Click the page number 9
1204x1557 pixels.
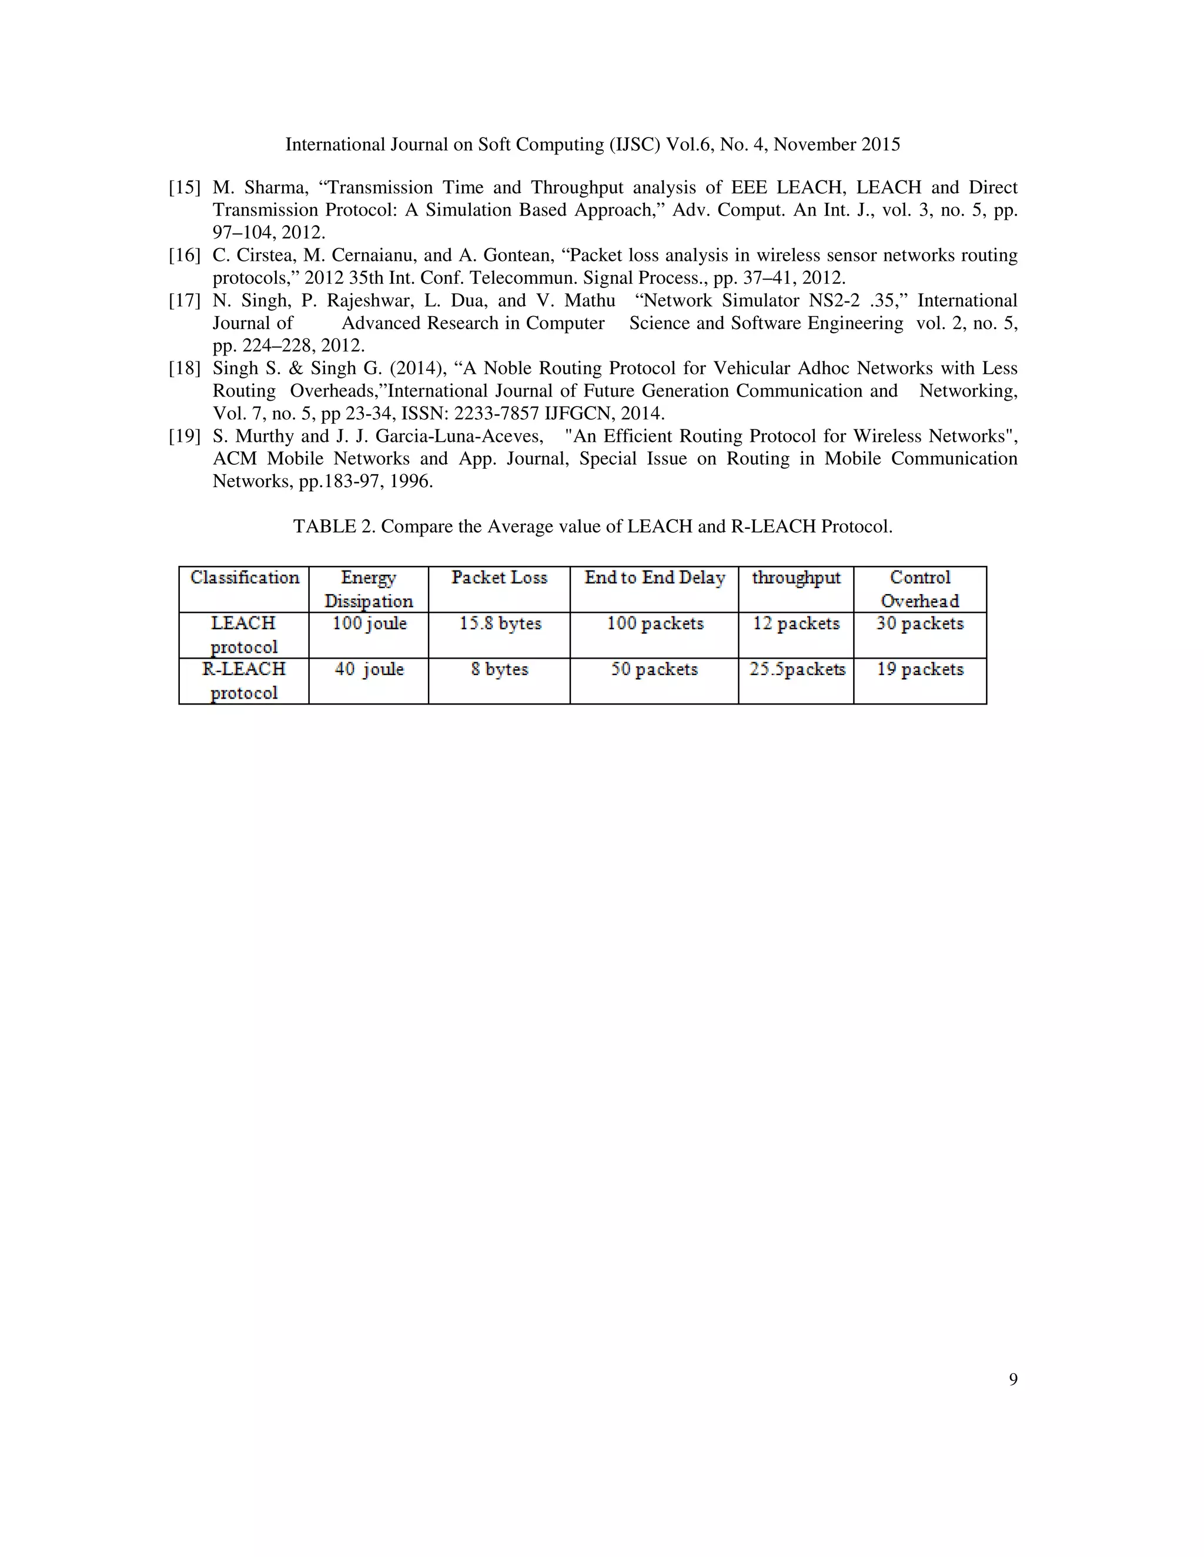(x=1013, y=1380)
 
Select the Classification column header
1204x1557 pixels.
(x=245, y=578)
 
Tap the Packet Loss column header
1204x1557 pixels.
(x=499, y=578)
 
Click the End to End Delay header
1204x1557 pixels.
(x=655, y=578)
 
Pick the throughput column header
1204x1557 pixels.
(x=796, y=578)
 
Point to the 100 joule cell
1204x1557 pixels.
(x=369, y=624)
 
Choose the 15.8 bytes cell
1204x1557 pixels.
(x=500, y=624)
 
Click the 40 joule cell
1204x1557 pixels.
(x=369, y=669)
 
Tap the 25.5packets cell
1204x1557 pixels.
(x=797, y=669)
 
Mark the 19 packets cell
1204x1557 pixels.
(x=920, y=669)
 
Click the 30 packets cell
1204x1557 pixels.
(x=920, y=624)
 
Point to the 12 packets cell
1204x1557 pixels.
(x=796, y=624)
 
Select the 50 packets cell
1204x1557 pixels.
(x=654, y=669)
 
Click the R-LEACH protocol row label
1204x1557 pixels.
(x=244, y=681)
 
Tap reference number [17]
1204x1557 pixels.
(x=184, y=301)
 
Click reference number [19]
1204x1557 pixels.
(x=184, y=437)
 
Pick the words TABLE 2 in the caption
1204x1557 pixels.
(x=334, y=527)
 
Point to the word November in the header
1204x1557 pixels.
(x=814, y=145)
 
